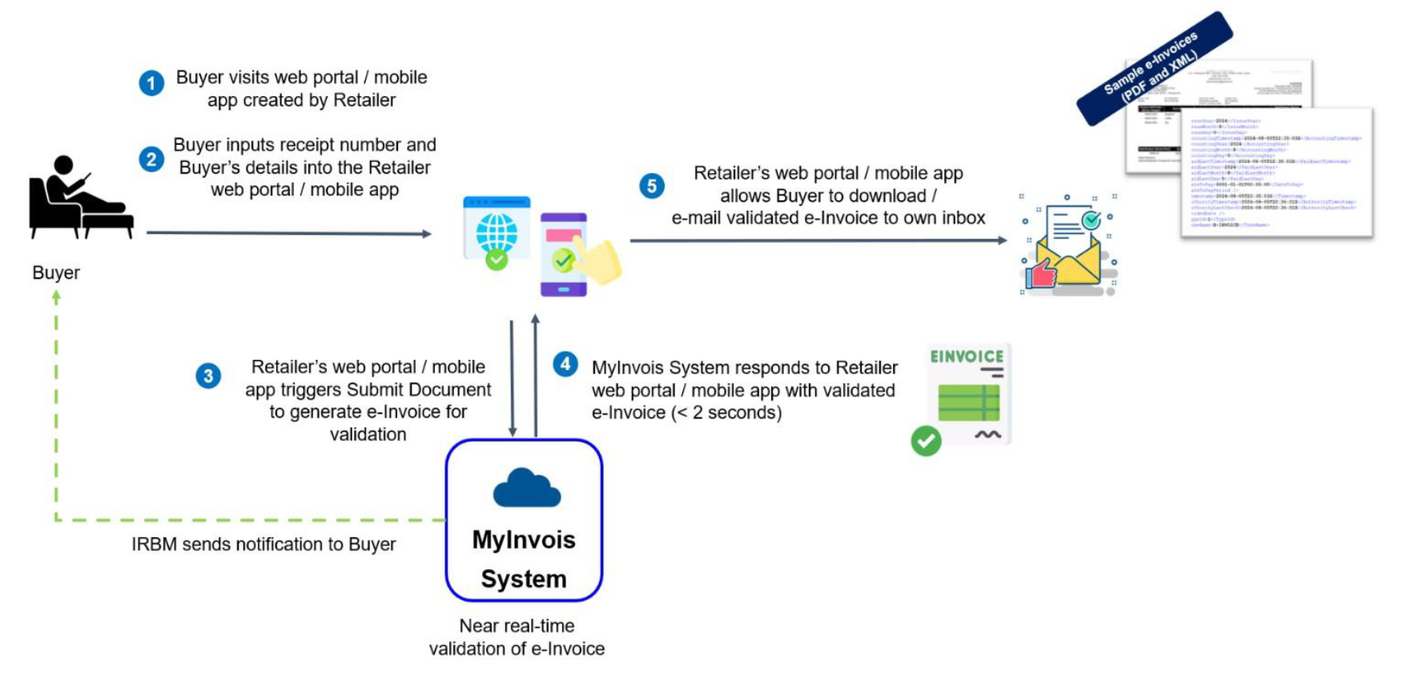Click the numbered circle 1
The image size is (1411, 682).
tap(151, 83)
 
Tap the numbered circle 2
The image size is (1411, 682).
tap(151, 159)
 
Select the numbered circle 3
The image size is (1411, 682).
tap(208, 376)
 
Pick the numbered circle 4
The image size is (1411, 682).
tap(565, 364)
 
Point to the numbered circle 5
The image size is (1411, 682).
tap(652, 186)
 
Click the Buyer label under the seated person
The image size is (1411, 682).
tap(56, 272)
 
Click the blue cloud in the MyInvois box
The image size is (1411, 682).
tap(526, 488)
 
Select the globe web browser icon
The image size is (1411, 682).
tap(496, 232)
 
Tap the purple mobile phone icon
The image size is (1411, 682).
tap(562, 255)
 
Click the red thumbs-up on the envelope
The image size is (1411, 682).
tap(1042, 273)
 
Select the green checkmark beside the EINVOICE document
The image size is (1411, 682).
tap(927, 441)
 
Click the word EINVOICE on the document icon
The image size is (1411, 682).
tap(967, 357)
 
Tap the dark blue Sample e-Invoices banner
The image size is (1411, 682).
tap(1154, 67)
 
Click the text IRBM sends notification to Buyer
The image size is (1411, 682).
tap(263, 544)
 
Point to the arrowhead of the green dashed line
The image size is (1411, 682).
tap(56, 296)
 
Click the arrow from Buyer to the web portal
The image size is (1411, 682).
tap(288, 233)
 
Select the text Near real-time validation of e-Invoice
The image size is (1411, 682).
tap(517, 637)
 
